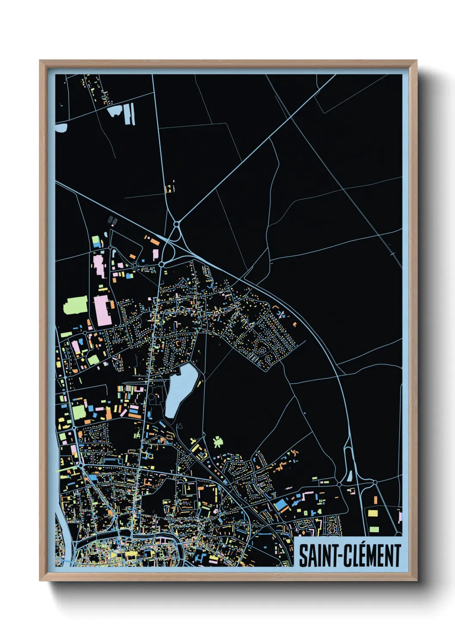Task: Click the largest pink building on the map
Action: pyautogui.click(x=103, y=310)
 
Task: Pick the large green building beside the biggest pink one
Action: pyautogui.click(x=76, y=305)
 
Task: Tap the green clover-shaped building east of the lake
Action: pyautogui.click(x=218, y=442)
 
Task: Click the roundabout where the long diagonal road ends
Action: pyautogui.click(x=176, y=224)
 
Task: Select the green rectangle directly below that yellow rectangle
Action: pyautogui.click(x=374, y=529)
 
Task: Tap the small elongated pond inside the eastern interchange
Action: pyautogui.click(x=350, y=476)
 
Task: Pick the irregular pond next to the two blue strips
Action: pyautogui.click(x=115, y=112)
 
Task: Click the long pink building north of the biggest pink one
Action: pyautogui.click(x=99, y=266)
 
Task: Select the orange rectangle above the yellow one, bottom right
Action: pyautogui.click(x=375, y=500)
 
